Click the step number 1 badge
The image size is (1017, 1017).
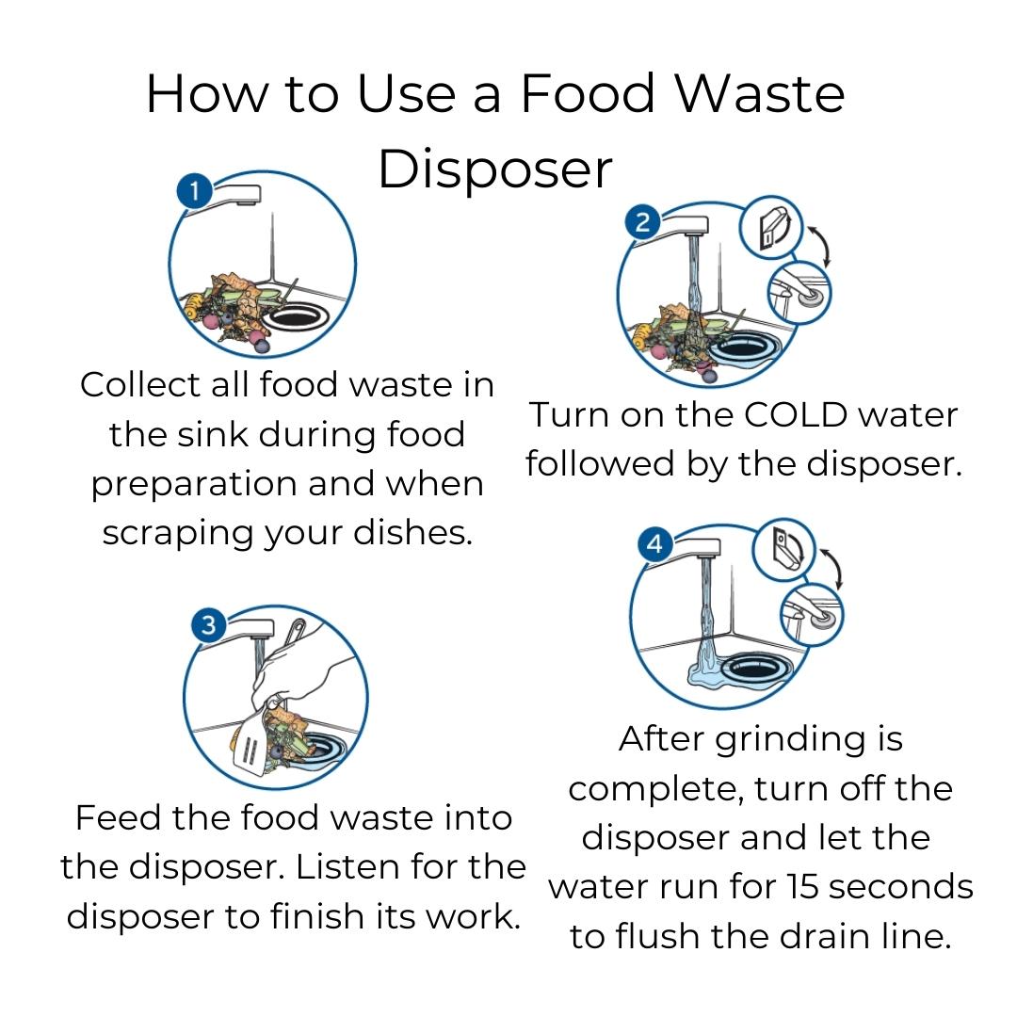click(194, 191)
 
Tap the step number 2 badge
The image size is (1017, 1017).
click(642, 222)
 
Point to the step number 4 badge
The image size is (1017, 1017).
click(655, 543)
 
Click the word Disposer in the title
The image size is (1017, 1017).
click(495, 169)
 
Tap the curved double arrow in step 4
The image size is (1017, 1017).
click(834, 569)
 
